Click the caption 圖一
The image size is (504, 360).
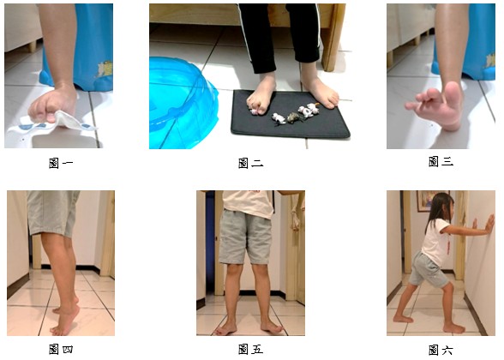[x=61, y=163]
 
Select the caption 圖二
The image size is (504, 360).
[x=250, y=163]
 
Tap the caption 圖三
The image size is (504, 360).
[x=441, y=161]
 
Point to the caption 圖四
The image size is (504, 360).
[x=61, y=349]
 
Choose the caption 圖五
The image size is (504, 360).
[x=250, y=349]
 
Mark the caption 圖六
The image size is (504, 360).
[x=441, y=350]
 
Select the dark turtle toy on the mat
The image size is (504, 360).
[x=295, y=117]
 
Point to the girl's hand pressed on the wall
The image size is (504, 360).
[x=490, y=224]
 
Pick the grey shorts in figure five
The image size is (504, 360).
[x=247, y=237]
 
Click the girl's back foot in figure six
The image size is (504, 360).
[x=403, y=319]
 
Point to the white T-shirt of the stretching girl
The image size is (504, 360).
[x=435, y=238]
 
